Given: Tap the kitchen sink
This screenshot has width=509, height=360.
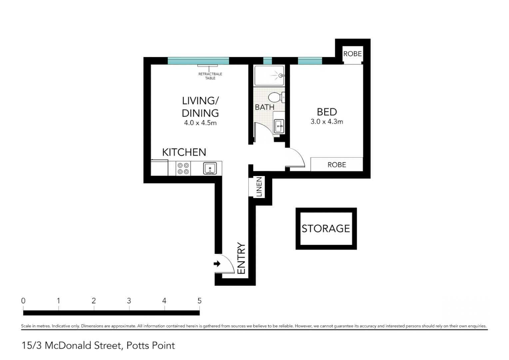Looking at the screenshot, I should (x=210, y=168).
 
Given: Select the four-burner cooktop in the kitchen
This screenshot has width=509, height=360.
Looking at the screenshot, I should (x=183, y=168).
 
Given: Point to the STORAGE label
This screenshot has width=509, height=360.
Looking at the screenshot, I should (x=326, y=229).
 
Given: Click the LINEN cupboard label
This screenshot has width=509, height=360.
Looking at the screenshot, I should (x=259, y=187).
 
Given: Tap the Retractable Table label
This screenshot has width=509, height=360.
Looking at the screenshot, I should (x=210, y=76).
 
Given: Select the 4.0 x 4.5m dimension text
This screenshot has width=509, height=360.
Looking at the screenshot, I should (x=200, y=123).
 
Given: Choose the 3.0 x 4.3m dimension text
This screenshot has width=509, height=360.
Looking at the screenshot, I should (x=327, y=122).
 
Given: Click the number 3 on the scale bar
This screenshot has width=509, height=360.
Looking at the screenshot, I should (x=129, y=301).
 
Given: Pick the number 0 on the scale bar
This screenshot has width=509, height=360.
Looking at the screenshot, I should (x=23, y=301).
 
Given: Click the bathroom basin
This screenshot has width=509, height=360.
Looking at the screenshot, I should (x=279, y=126).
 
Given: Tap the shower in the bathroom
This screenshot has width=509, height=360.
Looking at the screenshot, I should (x=269, y=75).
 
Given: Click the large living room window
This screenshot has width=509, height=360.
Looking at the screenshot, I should (x=198, y=61).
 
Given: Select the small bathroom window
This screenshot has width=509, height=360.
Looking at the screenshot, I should (x=267, y=61).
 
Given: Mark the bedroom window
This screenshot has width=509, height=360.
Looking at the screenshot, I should (x=310, y=61).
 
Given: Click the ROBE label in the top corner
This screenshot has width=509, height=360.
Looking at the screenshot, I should (x=352, y=54).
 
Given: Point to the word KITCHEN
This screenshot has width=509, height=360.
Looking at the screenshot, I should (x=184, y=152).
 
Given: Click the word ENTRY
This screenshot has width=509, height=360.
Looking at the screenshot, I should (x=241, y=258).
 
